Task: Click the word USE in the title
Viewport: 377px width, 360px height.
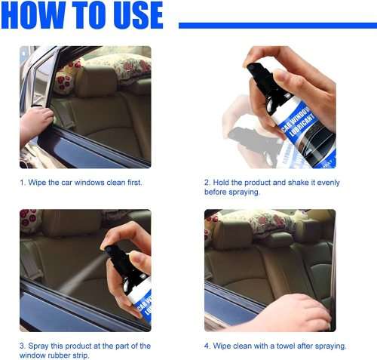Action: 133,15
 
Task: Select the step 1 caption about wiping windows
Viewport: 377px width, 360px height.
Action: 81,183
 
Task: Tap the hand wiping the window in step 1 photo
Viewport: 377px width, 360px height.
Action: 34,121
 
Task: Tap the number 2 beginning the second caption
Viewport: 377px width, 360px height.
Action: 207,183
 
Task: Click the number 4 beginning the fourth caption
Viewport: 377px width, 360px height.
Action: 207,346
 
